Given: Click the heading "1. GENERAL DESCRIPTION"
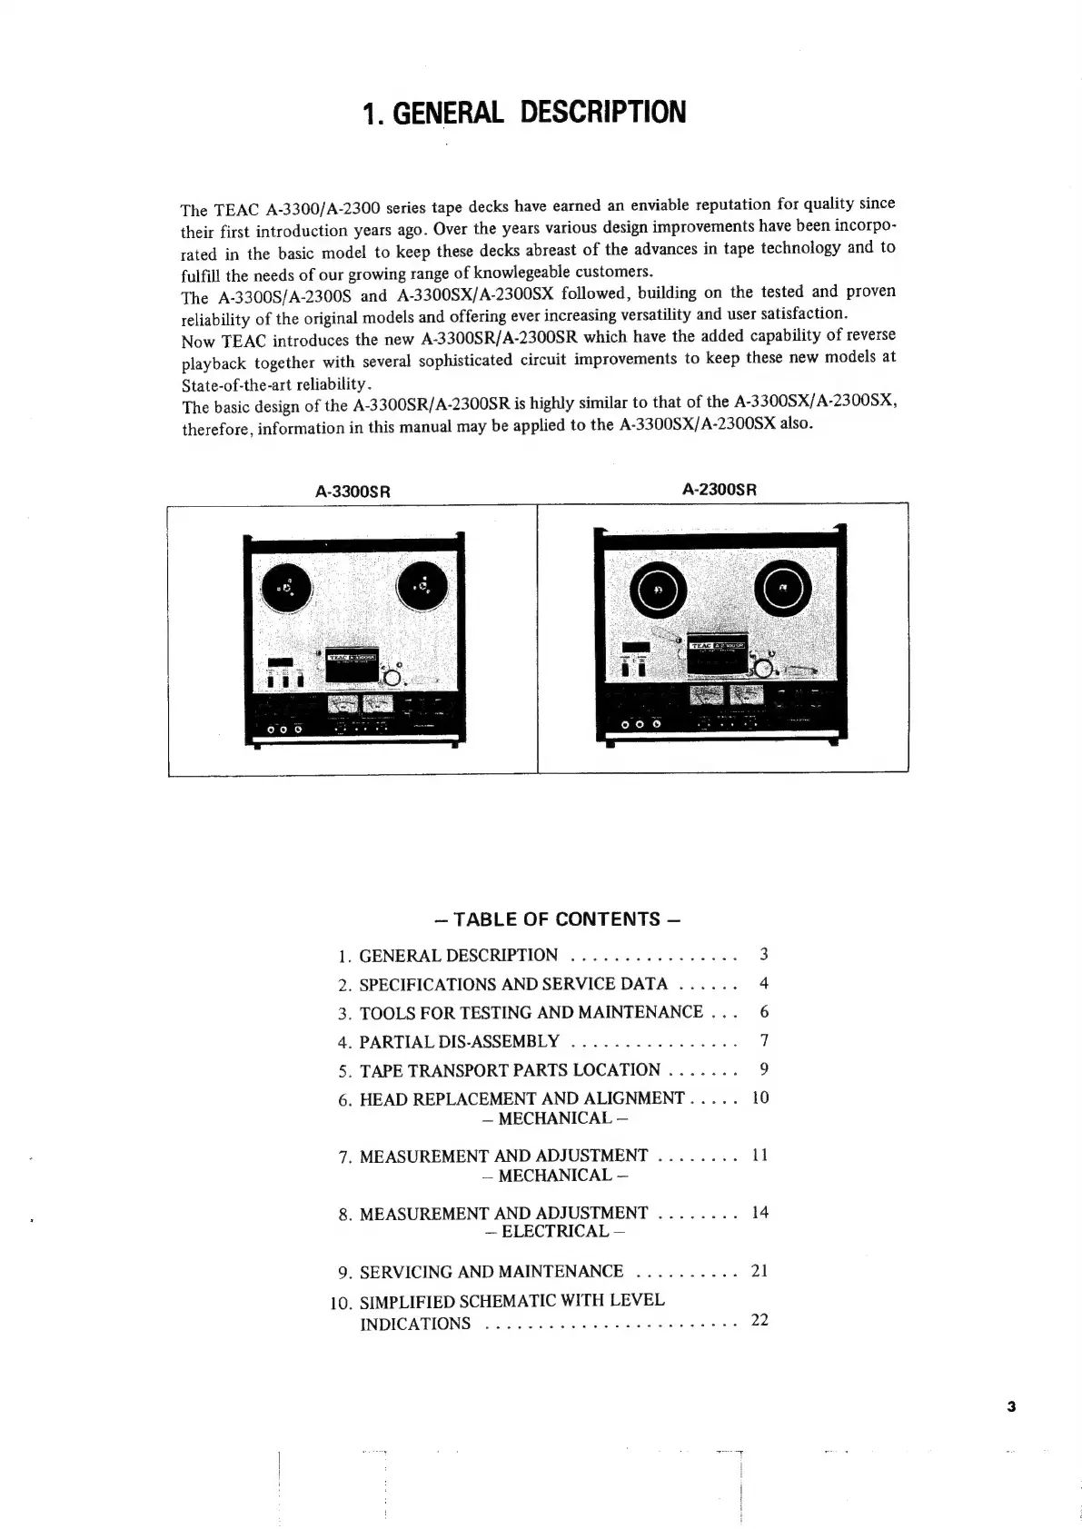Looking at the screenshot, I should coord(524,113).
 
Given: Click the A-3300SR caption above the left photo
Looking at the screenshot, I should coord(352,491).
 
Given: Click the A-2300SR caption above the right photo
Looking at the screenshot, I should coord(720,490).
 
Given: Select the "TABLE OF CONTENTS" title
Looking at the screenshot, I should coord(557,918).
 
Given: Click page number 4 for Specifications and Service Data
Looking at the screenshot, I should coord(764,983).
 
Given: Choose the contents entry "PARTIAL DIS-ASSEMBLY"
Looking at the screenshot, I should coord(459,1041).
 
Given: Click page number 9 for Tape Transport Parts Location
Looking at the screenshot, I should coord(764,1068).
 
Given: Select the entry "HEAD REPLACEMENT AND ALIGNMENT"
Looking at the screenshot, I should coord(521,1098).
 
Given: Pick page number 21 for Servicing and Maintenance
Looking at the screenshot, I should coord(759,1271).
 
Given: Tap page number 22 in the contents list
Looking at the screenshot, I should coord(759,1320).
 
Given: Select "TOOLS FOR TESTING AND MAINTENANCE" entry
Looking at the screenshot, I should coord(531,1012).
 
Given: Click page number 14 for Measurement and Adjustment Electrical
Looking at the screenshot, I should coord(759,1212).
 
